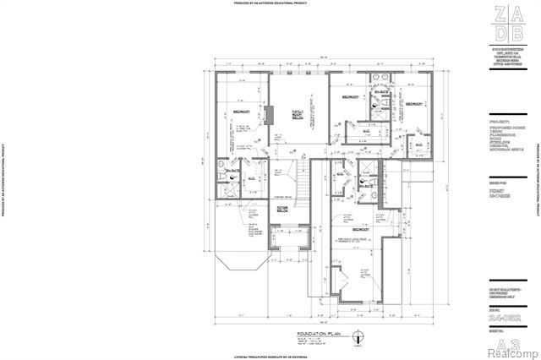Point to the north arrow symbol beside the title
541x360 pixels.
(359, 341)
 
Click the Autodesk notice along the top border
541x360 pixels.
(270, 3)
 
